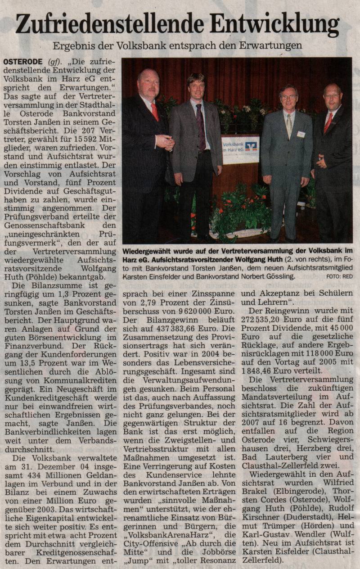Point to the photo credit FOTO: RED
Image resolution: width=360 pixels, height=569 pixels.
point(339,277)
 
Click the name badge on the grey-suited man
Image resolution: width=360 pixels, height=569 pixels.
point(301,134)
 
